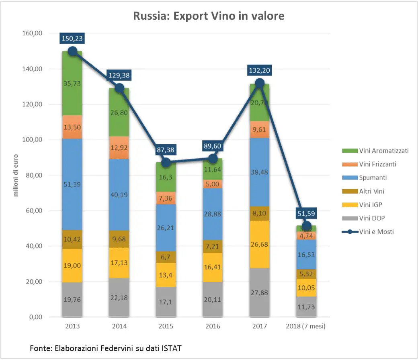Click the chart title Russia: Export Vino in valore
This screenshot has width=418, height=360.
(x=209, y=16)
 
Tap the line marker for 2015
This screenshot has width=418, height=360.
(x=166, y=163)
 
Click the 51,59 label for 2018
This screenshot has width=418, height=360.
(x=307, y=213)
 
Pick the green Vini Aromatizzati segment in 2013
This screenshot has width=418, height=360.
(x=72, y=84)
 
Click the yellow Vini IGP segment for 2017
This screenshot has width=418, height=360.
(x=260, y=245)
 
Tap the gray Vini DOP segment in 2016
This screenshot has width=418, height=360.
(x=213, y=299)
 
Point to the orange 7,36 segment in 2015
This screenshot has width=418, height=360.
(x=166, y=198)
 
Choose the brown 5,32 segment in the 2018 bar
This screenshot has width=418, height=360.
(x=307, y=274)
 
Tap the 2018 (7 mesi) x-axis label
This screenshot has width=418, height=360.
(x=307, y=326)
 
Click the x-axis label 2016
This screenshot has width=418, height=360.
(x=213, y=326)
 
